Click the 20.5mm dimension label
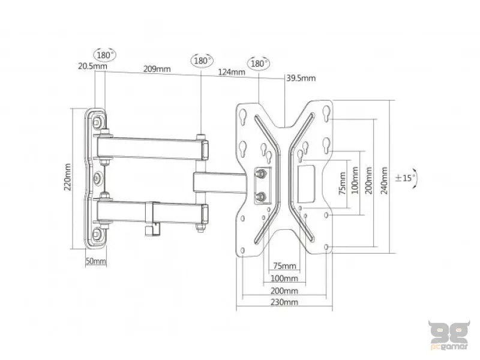(x=92, y=66)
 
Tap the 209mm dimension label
(x=157, y=69)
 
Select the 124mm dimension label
(x=232, y=72)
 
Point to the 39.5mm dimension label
(x=301, y=78)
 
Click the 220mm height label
(x=67, y=177)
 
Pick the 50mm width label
(x=96, y=261)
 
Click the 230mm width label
(x=284, y=302)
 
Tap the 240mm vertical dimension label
(x=384, y=181)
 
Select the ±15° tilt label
(x=406, y=178)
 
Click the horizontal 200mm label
(x=284, y=290)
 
